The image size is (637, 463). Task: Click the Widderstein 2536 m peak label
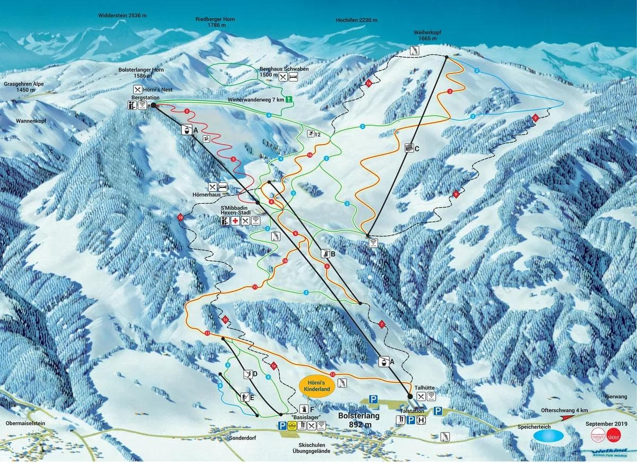tap(122, 15)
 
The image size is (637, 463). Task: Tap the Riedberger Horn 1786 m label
tap(215, 22)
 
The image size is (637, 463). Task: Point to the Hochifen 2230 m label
tap(356, 20)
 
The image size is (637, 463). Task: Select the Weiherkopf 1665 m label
tap(427, 35)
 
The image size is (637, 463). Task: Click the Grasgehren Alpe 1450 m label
tap(23, 87)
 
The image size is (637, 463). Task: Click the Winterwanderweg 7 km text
tap(256, 100)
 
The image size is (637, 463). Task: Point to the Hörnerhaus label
tap(206, 195)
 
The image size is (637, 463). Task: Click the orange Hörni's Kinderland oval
tap(317, 385)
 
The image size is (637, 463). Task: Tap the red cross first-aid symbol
tap(235, 220)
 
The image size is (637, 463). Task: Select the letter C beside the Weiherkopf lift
tap(417, 149)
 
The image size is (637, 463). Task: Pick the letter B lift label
tap(333, 254)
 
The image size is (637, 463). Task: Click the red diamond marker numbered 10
tap(180, 217)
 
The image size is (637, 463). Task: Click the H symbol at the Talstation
tap(421, 420)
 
